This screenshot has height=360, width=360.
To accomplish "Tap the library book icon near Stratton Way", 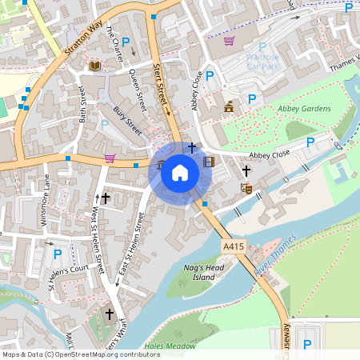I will [95, 65].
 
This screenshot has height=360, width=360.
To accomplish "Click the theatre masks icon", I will [246, 189].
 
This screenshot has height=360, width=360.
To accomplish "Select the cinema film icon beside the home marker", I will [209, 162].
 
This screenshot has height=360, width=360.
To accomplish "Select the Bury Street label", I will [126, 121].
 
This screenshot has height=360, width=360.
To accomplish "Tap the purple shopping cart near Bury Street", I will [110, 158].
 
